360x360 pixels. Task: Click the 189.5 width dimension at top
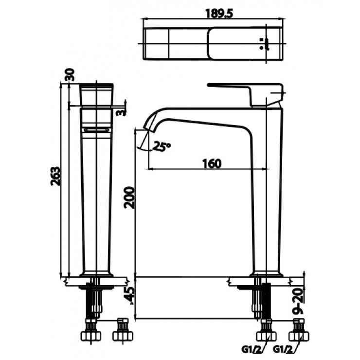click(212, 14)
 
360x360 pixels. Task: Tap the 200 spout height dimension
click(128, 197)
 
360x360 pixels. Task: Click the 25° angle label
click(162, 145)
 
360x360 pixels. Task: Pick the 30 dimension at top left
click(69, 75)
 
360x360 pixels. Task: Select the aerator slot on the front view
click(96, 129)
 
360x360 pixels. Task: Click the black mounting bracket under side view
click(267, 302)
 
